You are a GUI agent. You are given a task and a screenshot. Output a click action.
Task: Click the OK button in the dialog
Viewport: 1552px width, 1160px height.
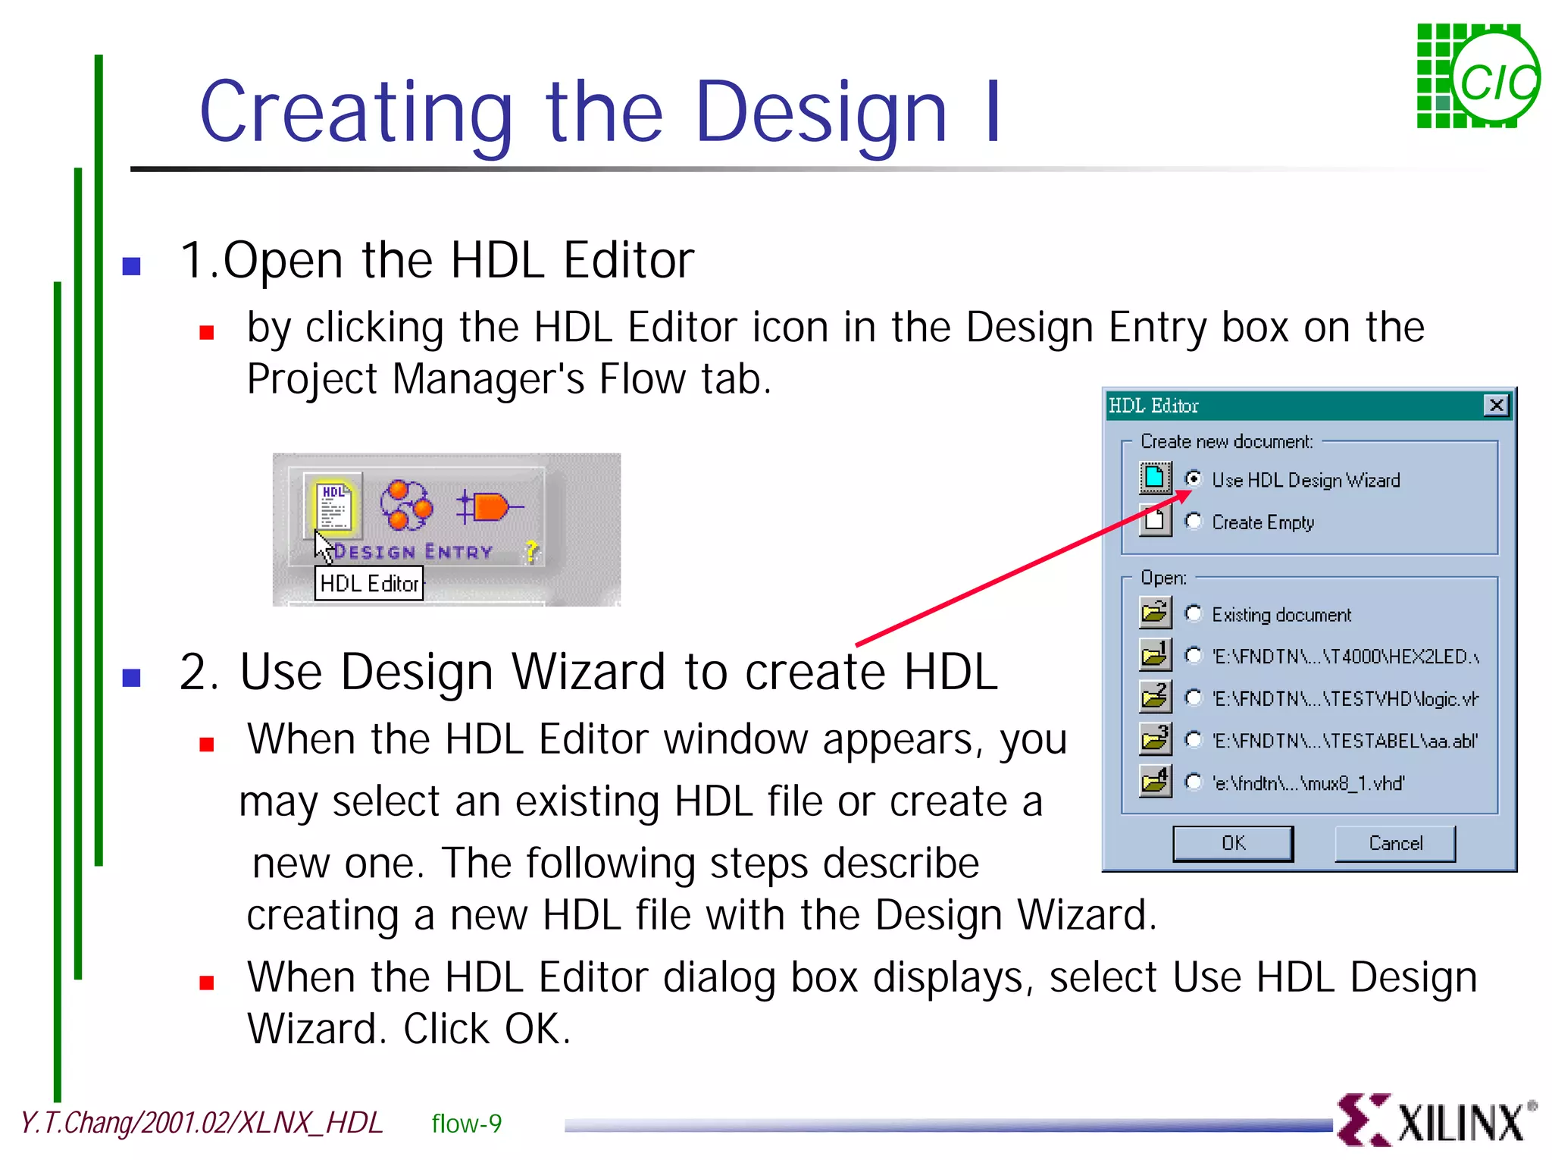pyautogui.click(x=1232, y=843)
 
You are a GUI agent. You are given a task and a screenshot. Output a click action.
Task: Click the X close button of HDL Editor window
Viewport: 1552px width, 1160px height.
pyautogui.click(x=1496, y=406)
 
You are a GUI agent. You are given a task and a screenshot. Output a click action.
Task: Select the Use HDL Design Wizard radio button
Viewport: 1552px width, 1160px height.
pyautogui.click(x=1193, y=479)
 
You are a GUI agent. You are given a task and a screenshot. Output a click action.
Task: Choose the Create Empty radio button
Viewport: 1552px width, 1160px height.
pyautogui.click(x=1193, y=522)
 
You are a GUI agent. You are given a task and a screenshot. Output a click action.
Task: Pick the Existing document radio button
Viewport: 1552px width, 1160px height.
pyautogui.click(x=1193, y=613)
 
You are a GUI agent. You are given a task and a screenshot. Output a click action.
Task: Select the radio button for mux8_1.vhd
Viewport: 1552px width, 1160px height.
pyautogui.click(x=1193, y=782)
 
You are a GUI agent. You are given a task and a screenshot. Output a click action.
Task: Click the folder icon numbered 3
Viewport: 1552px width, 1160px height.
pyautogui.click(x=1155, y=739)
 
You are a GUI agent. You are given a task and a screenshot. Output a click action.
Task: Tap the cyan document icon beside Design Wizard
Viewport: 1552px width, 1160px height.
pyautogui.click(x=1155, y=478)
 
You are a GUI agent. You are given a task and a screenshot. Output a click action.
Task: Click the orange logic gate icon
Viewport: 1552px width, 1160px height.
pyautogui.click(x=490, y=506)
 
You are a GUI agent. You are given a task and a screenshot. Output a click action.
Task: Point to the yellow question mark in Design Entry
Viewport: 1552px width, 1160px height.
pyautogui.click(x=531, y=551)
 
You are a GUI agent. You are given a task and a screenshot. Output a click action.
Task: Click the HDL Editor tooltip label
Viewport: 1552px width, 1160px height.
pyautogui.click(x=369, y=584)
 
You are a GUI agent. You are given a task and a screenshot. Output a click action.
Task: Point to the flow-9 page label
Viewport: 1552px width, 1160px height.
pyautogui.click(x=466, y=1124)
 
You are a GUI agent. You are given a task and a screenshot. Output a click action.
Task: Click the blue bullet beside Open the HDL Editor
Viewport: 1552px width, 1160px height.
pyautogui.click(x=132, y=266)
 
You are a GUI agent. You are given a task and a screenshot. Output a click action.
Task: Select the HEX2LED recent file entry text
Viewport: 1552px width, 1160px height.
pyautogui.click(x=1345, y=656)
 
